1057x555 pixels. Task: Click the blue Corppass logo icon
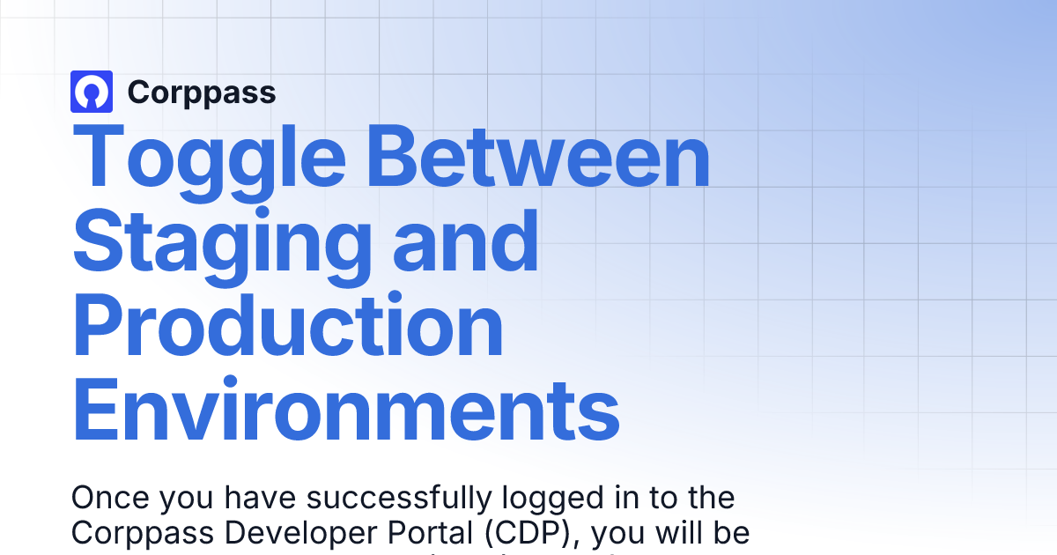click(92, 92)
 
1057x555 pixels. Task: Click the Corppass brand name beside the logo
click(202, 92)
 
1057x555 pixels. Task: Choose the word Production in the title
click(288, 325)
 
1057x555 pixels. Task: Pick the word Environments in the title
click(345, 410)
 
